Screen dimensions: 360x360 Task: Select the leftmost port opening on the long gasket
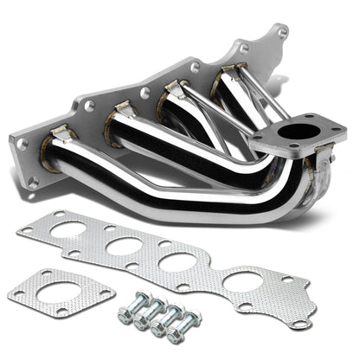[69, 230]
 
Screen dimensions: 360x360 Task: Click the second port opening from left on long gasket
[124, 246]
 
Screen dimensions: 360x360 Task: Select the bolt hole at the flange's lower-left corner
[34, 183]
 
